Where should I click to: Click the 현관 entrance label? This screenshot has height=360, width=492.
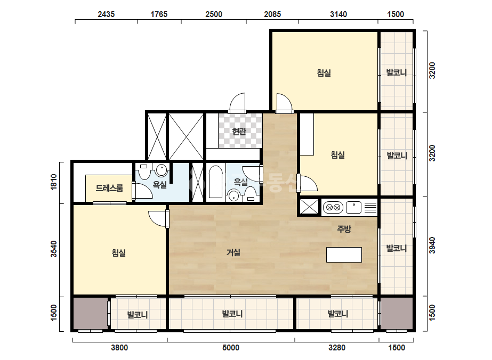[239, 131]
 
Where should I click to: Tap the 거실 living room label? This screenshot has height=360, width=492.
[233, 252]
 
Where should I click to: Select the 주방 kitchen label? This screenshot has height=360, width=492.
[344, 229]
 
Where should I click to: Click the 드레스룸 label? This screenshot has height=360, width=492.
[109, 188]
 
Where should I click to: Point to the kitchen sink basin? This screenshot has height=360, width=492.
[353, 208]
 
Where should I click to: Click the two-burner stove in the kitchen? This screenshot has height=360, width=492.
[333, 208]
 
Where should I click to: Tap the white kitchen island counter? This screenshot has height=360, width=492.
[344, 255]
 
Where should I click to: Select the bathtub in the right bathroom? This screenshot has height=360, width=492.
[215, 182]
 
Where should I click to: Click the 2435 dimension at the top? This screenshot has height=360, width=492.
[106, 14]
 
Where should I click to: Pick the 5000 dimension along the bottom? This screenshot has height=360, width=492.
[231, 347]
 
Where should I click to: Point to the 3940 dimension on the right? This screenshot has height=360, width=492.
[432, 245]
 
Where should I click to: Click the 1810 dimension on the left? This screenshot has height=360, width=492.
[54, 182]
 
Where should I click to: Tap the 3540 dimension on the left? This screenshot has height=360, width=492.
[54, 249]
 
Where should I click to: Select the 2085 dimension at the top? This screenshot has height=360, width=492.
[272, 14]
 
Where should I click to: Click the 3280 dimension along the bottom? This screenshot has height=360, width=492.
[337, 347]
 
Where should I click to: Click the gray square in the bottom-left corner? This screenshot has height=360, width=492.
[91, 313]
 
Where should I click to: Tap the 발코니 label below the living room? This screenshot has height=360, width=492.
[232, 314]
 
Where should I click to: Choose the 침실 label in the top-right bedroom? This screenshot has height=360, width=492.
[324, 73]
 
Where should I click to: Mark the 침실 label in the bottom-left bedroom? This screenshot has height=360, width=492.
[119, 253]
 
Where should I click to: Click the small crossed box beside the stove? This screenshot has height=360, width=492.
[309, 207]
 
